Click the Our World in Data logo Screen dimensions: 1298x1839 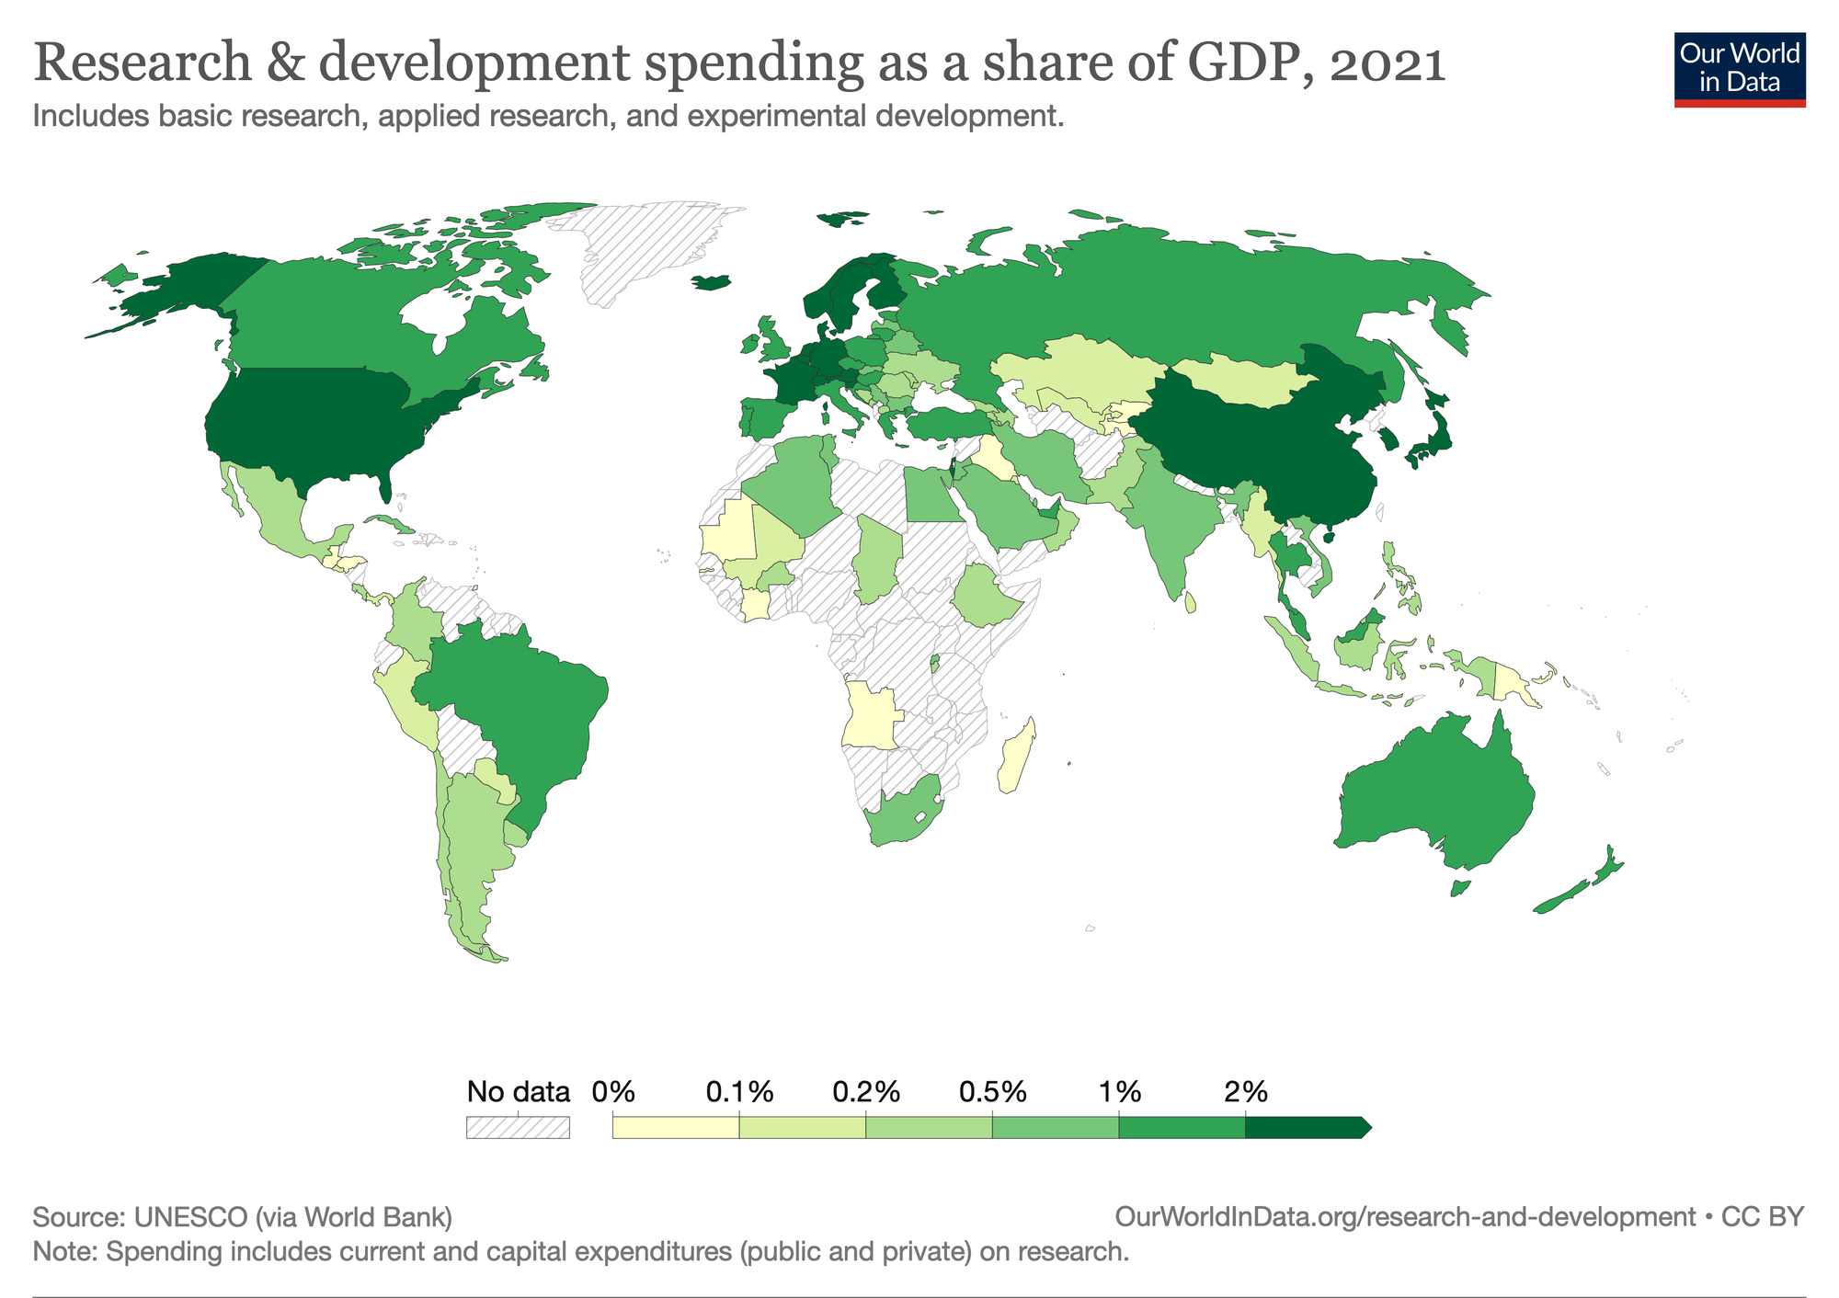click(1739, 70)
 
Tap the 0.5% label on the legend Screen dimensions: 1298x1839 click(992, 1092)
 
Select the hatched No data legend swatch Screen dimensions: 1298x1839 click(518, 1127)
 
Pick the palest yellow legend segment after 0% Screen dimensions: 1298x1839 click(675, 1127)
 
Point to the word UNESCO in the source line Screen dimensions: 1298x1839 click(190, 1217)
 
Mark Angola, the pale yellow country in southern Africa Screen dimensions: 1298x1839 click(869, 717)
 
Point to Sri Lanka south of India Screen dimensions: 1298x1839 click(1191, 603)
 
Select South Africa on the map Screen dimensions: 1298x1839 click(901, 814)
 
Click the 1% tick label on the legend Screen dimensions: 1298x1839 click(1119, 1092)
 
